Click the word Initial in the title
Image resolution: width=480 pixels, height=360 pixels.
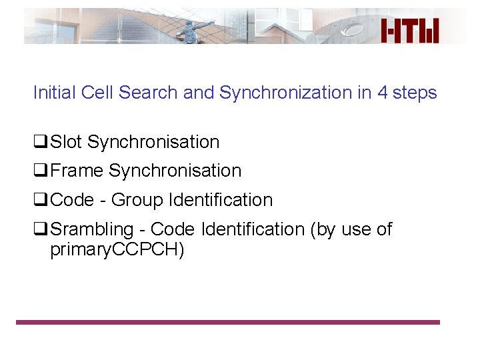[x=55, y=93]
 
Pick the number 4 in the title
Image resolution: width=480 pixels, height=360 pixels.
[x=382, y=93]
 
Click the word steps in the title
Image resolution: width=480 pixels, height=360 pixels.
[x=415, y=93]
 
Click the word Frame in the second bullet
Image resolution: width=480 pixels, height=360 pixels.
[x=77, y=171]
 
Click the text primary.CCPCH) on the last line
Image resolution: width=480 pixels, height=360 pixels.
[x=117, y=250]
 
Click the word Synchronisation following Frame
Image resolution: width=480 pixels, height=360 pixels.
[x=175, y=171]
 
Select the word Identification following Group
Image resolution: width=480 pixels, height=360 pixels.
[x=221, y=200]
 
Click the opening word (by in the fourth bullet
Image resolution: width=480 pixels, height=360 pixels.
[x=324, y=229]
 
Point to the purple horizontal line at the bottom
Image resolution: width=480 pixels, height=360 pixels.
[x=228, y=322]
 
